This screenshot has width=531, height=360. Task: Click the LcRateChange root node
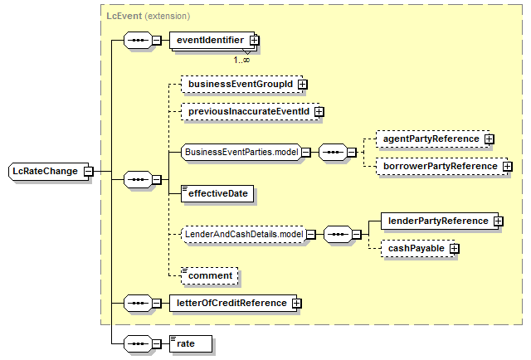click(x=48, y=172)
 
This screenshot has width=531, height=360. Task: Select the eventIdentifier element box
click(x=212, y=41)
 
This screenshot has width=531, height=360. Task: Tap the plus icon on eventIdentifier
click(x=255, y=41)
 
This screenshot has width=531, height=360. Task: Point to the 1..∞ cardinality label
click(x=241, y=60)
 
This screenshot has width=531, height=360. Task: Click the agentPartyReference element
click(x=433, y=139)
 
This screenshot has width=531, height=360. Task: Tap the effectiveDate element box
click(x=217, y=194)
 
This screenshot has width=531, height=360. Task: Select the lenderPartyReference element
click(x=440, y=221)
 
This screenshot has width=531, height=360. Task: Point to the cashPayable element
click(x=418, y=249)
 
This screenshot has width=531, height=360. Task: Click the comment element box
click(x=210, y=275)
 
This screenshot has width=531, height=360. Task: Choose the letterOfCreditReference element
click(x=233, y=303)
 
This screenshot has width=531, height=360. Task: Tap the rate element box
click(x=191, y=343)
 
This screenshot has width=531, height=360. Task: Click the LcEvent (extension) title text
click(x=149, y=16)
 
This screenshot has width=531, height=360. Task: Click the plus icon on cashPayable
click(x=455, y=249)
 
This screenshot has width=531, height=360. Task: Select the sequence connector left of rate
click(x=139, y=343)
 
